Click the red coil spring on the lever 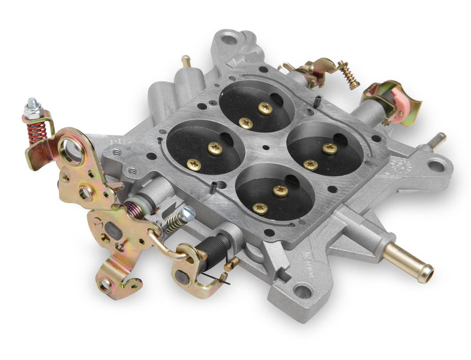click(37, 133)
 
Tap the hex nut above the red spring click(32, 108)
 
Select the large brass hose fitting click(407, 263)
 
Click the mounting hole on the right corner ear click(436, 166)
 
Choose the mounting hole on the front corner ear click(302, 290)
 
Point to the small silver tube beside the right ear click(436, 140)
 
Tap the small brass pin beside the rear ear click(187, 61)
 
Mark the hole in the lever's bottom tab click(105, 285)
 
